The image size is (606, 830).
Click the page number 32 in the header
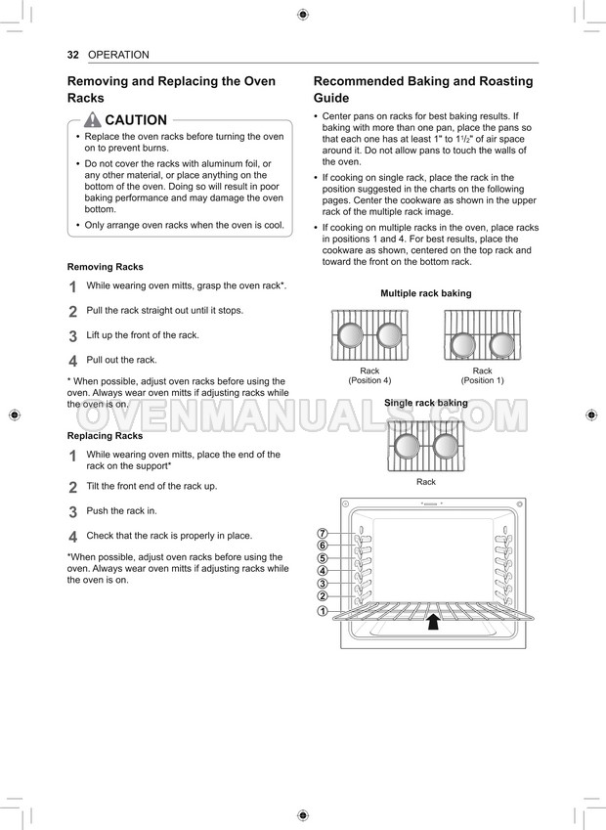(x=72, y=55)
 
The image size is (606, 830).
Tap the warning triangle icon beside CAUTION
(x=92, y=120)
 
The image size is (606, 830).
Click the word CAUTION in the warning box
(x=136, y=120)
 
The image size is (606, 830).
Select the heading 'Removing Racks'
(x=105, y=267)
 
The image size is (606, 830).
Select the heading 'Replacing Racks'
(x=105, y=436)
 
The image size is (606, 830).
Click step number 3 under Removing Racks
(x=73, y=336)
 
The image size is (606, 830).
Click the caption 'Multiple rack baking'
(x=425, y=293)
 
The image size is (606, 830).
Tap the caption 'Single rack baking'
(x=425, y=403)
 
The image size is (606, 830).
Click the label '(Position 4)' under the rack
(x=369, y=380)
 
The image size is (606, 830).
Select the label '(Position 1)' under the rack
(x=482, y=380)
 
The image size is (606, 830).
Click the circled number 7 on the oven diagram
(x=322, y=533)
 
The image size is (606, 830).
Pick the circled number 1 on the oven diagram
(x=322, y=611)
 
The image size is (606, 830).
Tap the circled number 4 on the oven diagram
(x=322, y=571)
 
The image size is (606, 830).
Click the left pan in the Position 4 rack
(x=352, y=335)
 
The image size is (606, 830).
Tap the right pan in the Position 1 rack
(x=501, y=344)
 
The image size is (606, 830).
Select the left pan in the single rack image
(x=409, y=446)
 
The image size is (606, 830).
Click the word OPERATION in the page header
(x=118, y=55)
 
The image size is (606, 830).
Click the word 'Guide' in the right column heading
(x=331, y=99)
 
